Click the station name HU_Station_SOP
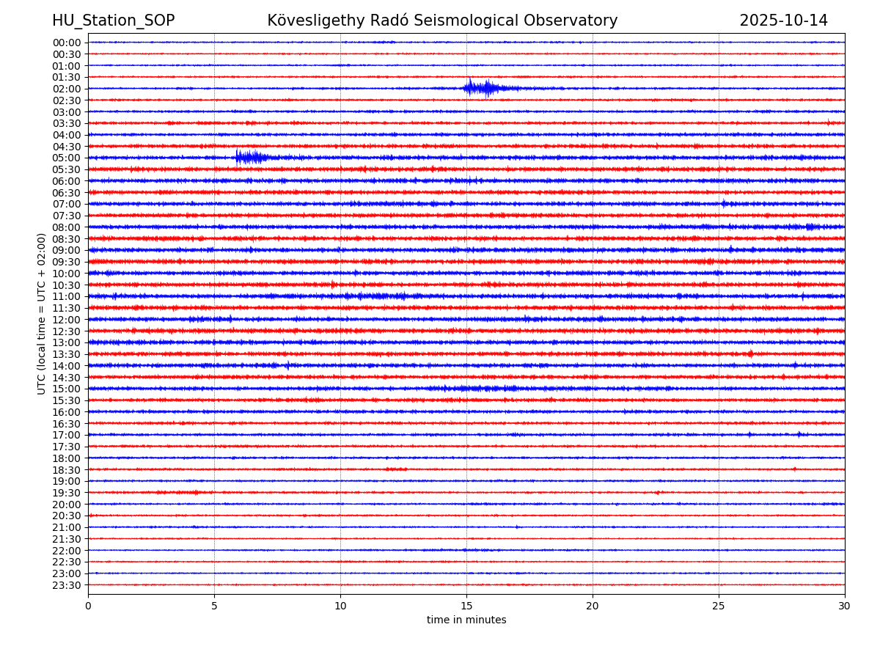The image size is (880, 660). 113,21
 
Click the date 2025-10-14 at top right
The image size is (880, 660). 783,21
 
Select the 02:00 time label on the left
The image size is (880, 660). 67,89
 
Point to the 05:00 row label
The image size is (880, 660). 67,158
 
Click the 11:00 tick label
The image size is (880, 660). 67,296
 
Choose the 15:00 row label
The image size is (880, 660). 67,389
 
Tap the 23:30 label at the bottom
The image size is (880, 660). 67,585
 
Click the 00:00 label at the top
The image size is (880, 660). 67,43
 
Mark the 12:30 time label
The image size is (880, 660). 67,331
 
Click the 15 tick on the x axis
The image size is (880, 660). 466,606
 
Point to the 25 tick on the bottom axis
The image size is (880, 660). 719,606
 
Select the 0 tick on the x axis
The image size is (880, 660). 88,606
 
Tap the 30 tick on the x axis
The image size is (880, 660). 845,606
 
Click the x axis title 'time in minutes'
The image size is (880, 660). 466,620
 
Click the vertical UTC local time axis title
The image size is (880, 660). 42,313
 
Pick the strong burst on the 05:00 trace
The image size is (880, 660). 249,157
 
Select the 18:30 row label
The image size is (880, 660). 67,469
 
